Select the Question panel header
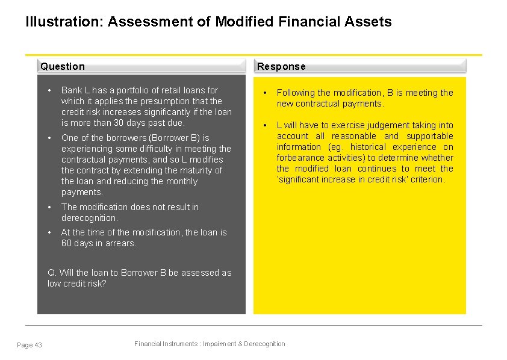tap(63, 66)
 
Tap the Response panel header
tap(281, 66)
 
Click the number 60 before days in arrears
tap(66, 243)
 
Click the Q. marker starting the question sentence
tap(52, 273)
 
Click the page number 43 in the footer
tap(38, 345)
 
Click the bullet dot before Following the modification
tap(264, 93)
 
